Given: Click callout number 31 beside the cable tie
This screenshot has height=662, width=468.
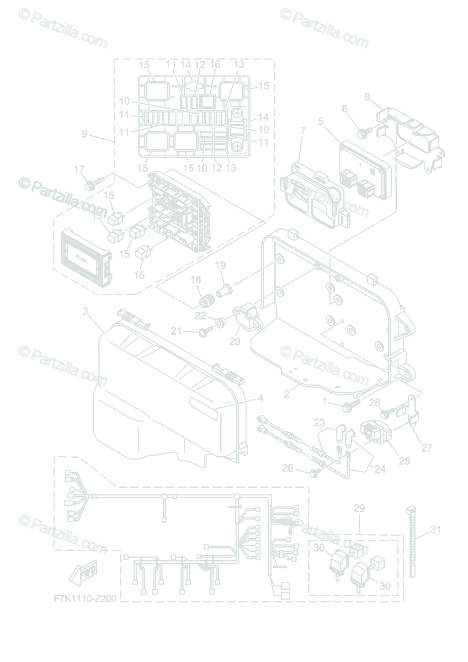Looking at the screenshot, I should click(x=436, y=530).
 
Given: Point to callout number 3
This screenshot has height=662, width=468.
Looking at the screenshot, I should click(x=86, y=312).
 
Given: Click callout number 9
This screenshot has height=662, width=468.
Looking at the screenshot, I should click(x=84, y=134).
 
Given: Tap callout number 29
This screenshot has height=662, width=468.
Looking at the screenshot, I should click(x=359, y=508).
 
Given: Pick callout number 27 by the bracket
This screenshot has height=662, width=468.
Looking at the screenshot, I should click(x=426, y=448).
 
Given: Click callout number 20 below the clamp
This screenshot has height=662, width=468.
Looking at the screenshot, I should click(x=235, y=341).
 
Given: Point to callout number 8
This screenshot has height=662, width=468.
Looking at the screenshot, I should click(x=368, y=97).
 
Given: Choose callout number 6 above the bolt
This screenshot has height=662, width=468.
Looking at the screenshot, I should click(x=345, y=109).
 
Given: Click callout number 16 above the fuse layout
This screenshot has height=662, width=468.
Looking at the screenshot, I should click(x=215, y=65).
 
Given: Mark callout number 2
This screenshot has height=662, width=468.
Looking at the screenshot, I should click(x=286, y=394).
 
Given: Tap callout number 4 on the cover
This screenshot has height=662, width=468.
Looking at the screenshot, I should click(x=260, y=398).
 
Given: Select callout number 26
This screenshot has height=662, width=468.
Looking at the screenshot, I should click(x=288, y=468).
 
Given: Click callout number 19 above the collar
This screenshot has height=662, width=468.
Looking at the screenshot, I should click(x=220, y=265).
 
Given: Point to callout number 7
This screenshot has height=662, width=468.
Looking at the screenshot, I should click(x=302, y=130).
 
